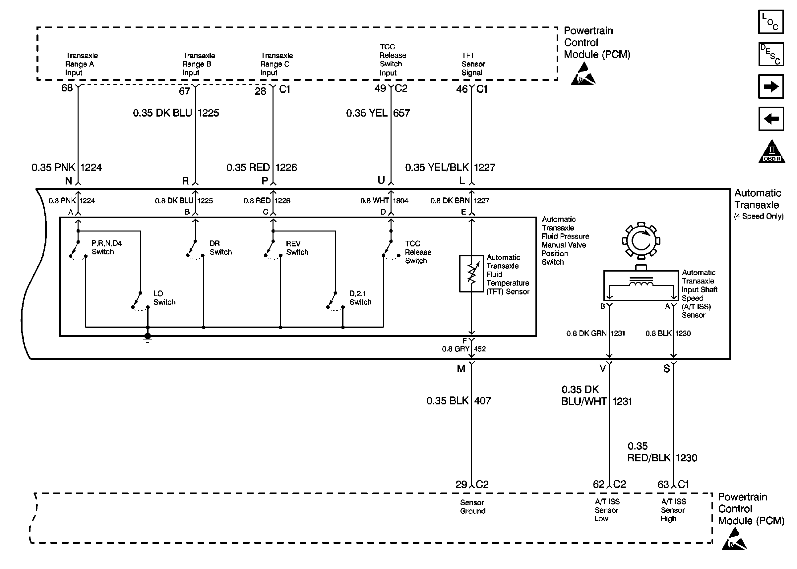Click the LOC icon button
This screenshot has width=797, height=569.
tap(770, 22)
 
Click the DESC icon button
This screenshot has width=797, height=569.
tap(770, 54)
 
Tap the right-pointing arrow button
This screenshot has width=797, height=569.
tap(770, 86)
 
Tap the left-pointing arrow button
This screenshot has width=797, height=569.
tap(770, 119)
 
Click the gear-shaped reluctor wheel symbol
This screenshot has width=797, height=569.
tap(641, 241)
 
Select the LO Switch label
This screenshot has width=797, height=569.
tap(164, 298)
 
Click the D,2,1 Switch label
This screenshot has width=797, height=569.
tap(360, 298)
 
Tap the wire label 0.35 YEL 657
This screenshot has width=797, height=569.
tap(378, 113)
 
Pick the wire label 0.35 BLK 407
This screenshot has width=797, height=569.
tap(458, 401)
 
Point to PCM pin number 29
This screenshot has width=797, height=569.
tap(461, 485)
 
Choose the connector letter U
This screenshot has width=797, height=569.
tap(381, 180)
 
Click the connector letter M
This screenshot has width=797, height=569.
tap(461, 369)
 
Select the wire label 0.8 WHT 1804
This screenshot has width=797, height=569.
tap(384, 201)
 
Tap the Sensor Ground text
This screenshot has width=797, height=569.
tap(472, 507)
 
